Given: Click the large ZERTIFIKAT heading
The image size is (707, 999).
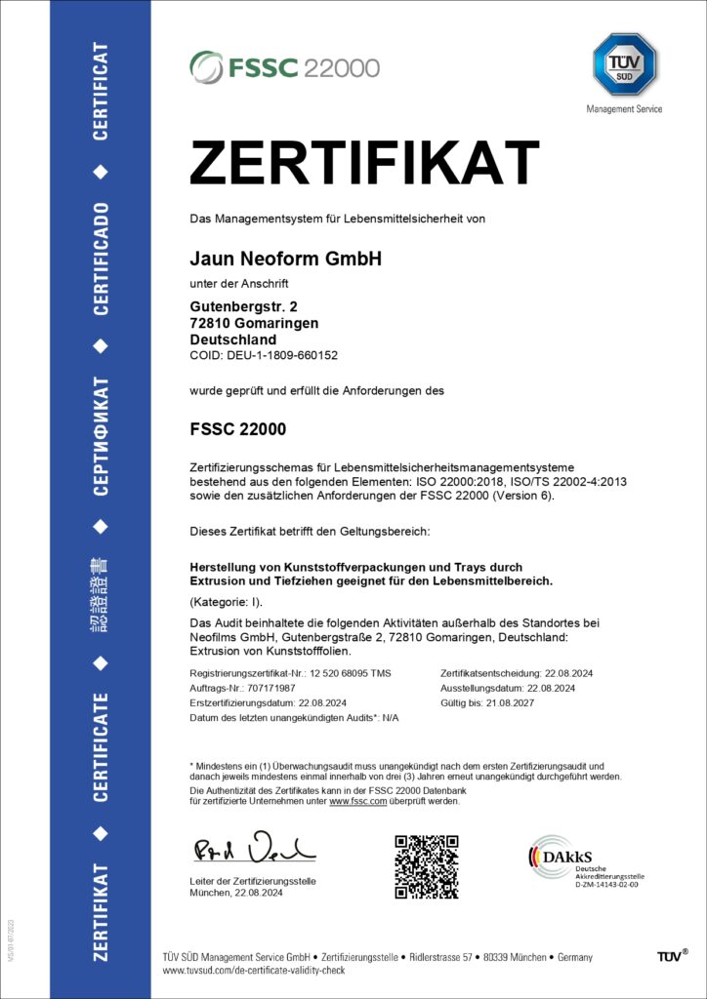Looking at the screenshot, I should point(363,163).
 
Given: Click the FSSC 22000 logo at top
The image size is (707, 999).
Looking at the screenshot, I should point(284,66).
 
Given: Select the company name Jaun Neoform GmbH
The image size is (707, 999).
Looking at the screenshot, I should point(284,260).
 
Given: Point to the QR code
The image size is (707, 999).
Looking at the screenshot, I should point(426,866).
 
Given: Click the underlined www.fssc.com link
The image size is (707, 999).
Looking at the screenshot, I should point(358,801).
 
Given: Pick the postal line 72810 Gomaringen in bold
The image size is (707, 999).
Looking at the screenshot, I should point(254,323).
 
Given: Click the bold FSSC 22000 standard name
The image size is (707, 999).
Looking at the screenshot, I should point(237,428).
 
